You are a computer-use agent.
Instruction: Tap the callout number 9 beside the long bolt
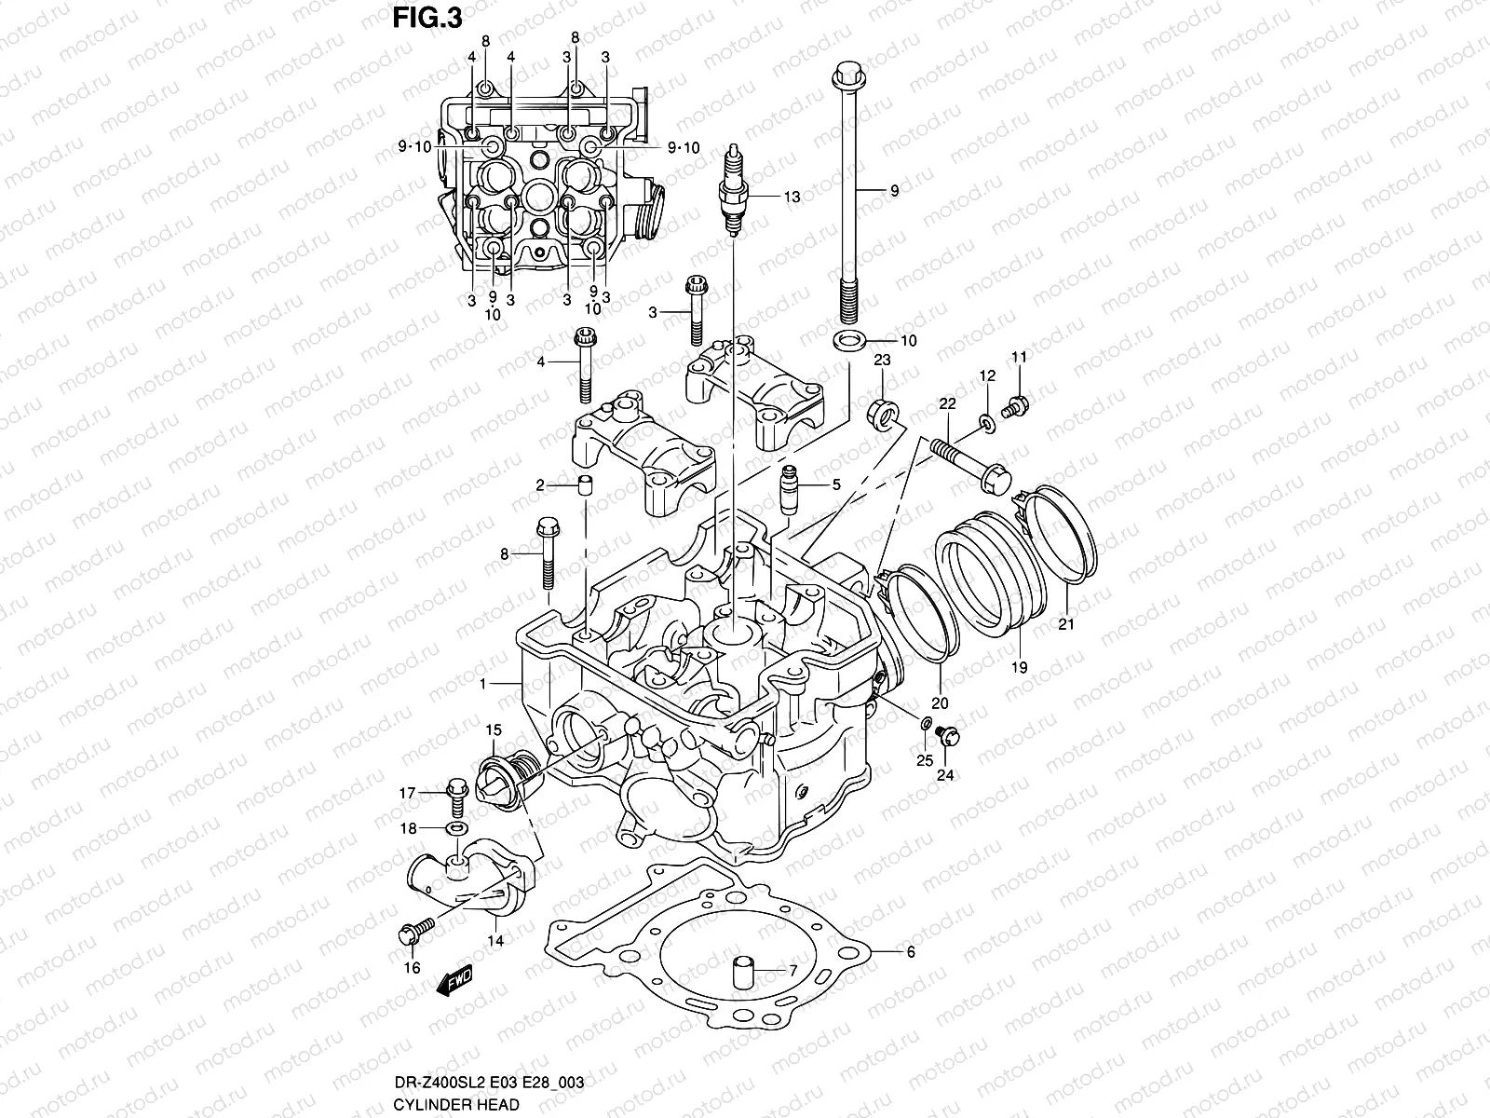(894, 190)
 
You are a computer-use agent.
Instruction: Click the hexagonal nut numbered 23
(883, 408)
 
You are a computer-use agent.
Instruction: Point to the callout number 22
(947, 403)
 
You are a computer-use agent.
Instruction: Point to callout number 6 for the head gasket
(911, 951)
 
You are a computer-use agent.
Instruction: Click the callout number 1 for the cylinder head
(482, 683)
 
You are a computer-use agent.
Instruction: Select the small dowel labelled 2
(585, 485)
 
